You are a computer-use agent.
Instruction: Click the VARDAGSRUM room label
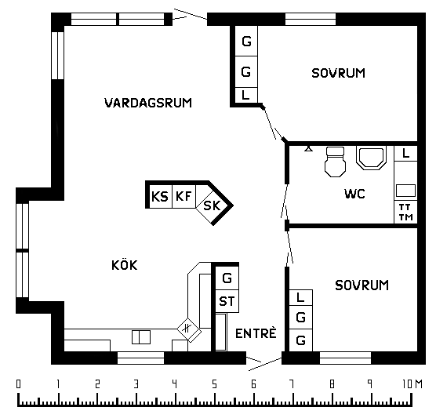(148, 103)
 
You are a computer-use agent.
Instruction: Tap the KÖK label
(125, 265)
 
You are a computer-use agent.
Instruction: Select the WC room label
(354, 194)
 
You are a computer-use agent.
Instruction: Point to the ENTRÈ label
(256, 333)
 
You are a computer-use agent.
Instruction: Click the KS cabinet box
(161, 196)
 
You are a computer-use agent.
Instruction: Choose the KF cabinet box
(183, 196)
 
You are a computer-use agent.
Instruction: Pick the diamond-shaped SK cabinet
(213, 206)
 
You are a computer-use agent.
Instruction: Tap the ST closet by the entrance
(227, 301)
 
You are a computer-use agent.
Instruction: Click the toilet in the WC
(335, 162)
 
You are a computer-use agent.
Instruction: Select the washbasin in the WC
(372, 158)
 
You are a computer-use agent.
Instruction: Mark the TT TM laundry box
(405, 212)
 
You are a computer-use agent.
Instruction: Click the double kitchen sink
(141, 337)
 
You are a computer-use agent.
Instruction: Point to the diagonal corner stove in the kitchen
(189, 330)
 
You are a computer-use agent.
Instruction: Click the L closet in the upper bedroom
(246, 95)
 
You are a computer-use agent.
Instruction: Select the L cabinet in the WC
(405, 153)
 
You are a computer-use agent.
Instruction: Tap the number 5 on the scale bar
(214, 384)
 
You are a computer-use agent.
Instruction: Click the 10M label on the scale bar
(412, 384)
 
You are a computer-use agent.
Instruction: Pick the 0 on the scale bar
(18, 384)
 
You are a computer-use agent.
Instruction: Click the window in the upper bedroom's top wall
(311, 19)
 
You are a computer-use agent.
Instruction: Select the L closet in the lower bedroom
(301, 297)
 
